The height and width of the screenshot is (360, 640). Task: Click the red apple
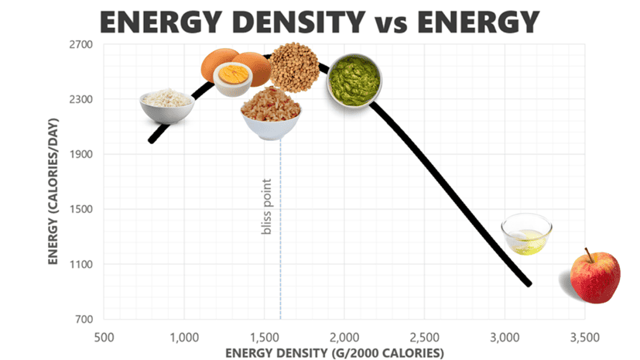coord(594,278)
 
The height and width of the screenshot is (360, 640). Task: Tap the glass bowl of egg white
coord(526,235)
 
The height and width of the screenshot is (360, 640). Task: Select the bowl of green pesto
coord(354,80)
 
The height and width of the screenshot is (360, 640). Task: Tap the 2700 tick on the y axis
coord(80,44)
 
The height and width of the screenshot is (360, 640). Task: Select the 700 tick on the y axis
coord(84,319)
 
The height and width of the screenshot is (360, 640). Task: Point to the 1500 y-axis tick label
coord(80,209)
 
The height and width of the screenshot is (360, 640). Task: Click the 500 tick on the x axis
coord(104,338)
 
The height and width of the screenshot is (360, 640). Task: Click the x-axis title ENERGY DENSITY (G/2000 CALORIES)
coord(335,353)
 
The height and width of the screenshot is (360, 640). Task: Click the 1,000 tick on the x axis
coord(183,338)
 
